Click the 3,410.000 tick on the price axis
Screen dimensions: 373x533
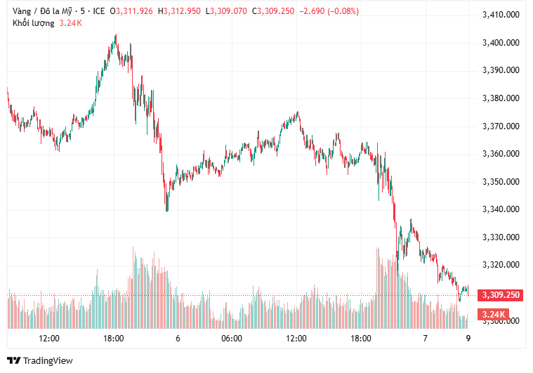(x=501, y=15)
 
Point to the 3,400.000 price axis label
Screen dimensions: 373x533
(x=501, y=43)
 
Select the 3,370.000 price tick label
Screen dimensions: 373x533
(x=501, y=126)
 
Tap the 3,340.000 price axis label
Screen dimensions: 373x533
(x=501, y=209)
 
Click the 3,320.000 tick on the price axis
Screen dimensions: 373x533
(x=501, y=265)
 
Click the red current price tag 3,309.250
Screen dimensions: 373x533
(x=500, y=295)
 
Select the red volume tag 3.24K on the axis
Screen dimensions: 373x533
(x=492, y=314)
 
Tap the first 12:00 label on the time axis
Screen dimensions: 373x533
(x=49, y=338)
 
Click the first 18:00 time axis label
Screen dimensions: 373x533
(x=114, y=338)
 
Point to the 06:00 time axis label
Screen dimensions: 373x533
(x=232, y=338)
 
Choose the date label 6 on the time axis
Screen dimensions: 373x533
(x=178, y=338)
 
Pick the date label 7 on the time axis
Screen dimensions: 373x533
(x=425, y=338)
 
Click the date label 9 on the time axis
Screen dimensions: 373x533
(x=468, y=338)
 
